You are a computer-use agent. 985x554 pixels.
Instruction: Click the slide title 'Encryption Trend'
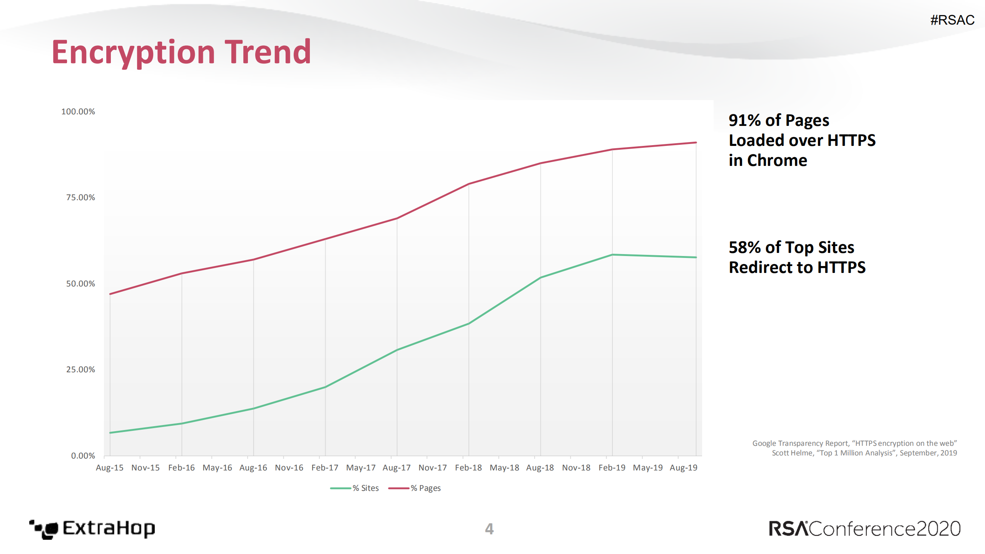coord(181,52)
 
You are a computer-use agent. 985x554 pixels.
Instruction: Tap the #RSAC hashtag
coord(952,20)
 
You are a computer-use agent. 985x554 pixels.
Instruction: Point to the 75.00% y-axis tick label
coord(80,197)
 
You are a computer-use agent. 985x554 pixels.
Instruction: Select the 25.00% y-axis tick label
coord(80,370)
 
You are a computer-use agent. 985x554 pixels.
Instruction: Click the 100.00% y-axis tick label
coord(78,112)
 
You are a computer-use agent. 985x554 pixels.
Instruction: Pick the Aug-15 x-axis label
coord(110,468)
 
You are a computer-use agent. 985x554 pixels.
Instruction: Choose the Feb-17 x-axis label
coord(325,468)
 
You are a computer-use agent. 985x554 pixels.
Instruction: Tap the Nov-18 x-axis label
coord(576,468)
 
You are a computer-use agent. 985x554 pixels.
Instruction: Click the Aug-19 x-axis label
coord(684,468)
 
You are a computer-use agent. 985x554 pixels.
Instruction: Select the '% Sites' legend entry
coord(355,488)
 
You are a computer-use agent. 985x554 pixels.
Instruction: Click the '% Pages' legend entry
coord(415,488)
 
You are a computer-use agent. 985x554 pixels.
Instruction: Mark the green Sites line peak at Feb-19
coord(612,255)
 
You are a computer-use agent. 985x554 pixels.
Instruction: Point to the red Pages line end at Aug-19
coord(696,143)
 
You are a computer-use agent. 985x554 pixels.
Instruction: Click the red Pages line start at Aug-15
coord(110,294)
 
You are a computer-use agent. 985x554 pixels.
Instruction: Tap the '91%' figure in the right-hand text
coord(744,121)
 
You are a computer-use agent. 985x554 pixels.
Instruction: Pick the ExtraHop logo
coord(92,529)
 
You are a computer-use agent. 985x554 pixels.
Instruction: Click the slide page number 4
coord(489,529)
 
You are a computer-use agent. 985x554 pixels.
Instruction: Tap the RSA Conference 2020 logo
coord(865,529)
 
